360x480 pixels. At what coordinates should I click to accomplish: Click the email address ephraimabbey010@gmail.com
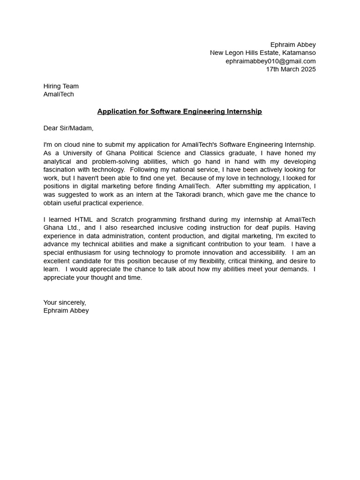tap(270, 61)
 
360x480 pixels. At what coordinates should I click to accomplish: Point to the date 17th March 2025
tap(291, 69)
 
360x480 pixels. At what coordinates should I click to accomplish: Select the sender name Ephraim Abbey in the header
tap(293, 45)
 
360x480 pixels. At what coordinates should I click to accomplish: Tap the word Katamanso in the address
tap(299, 53)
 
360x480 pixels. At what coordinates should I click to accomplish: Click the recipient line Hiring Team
tap(61, 86)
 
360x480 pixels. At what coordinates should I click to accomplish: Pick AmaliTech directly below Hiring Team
tap(59, 94)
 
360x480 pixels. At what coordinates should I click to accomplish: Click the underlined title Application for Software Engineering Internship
tap(180, 112)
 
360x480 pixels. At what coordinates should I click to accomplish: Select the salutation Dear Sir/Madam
tap(68, 128)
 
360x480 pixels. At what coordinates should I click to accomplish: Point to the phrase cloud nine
tap(80, 145)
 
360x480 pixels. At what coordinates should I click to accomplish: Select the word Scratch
tap(122, 219)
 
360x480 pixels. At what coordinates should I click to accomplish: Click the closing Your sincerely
tap(65, 302)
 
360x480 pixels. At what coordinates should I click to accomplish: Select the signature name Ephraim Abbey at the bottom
tap(66, 310)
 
